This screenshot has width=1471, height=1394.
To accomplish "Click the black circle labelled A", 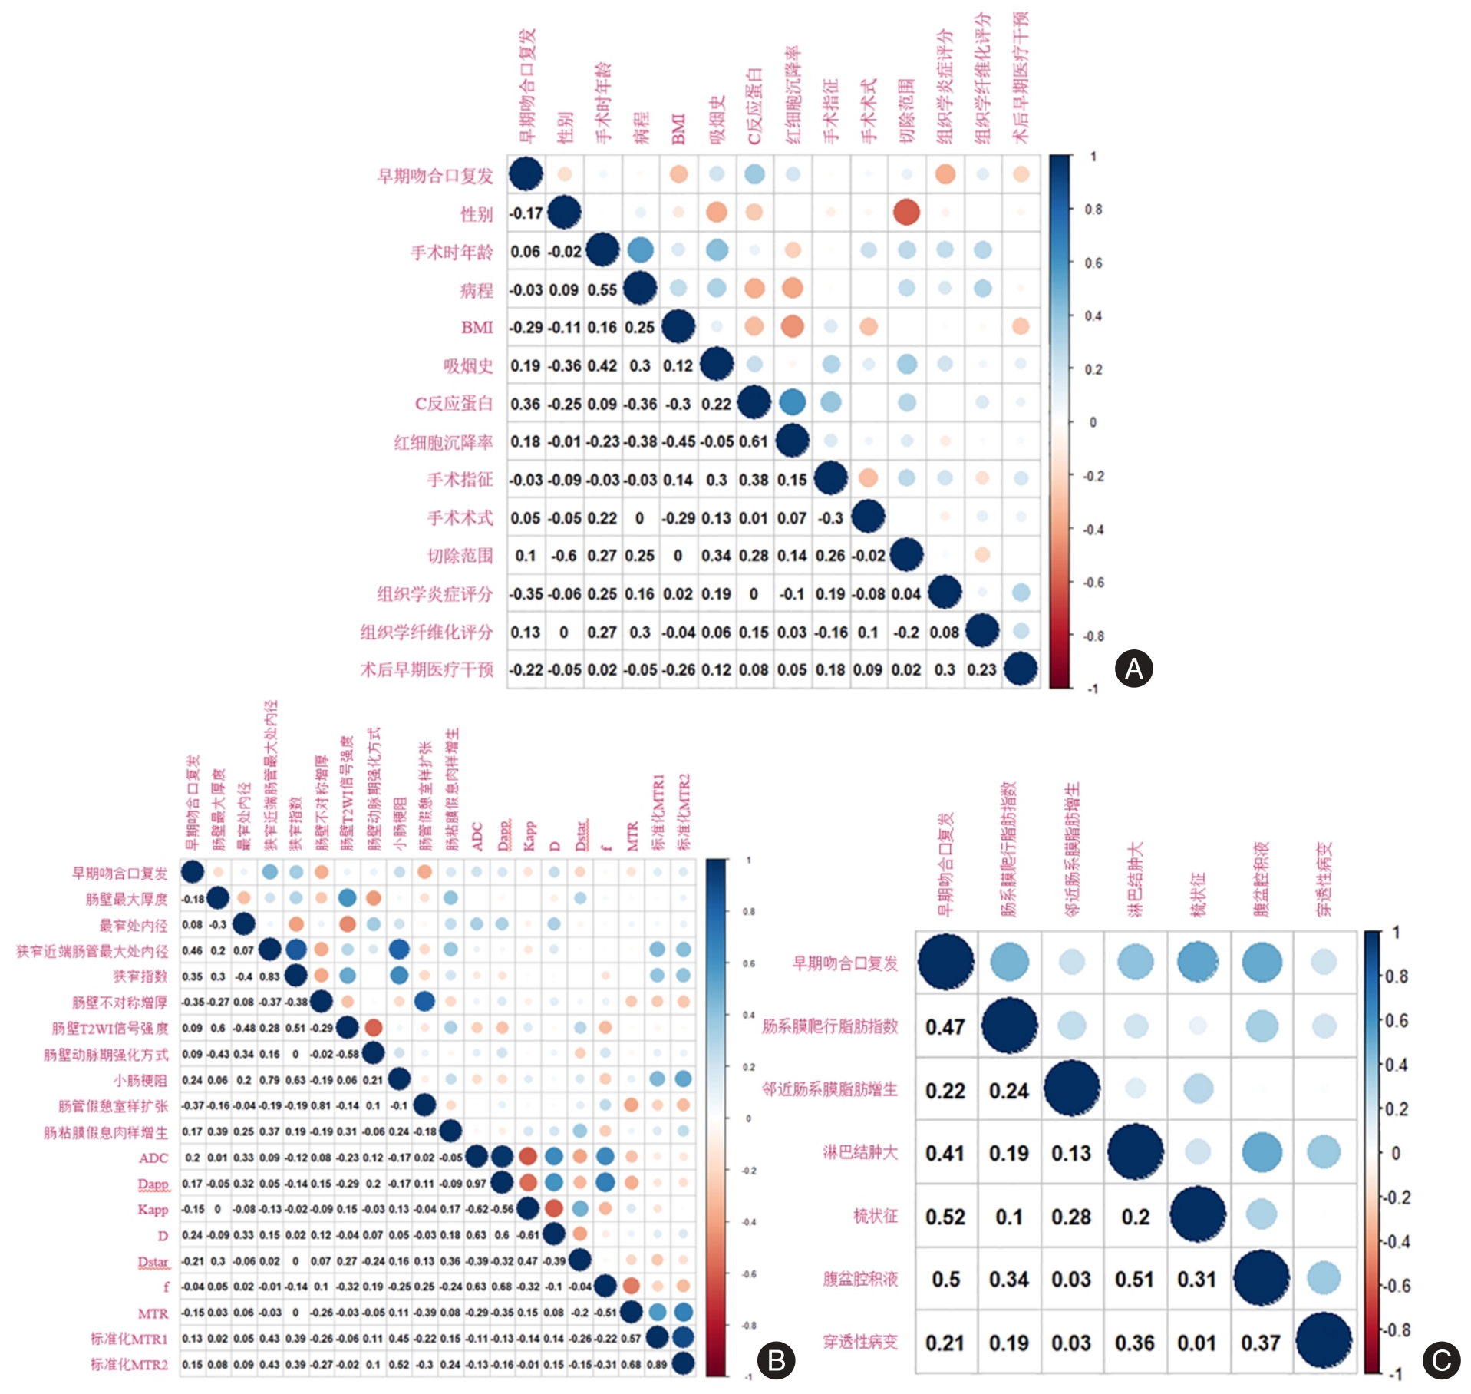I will click(x=1133, y=669).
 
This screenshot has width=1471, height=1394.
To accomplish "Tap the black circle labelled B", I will click(x=776, y=1360).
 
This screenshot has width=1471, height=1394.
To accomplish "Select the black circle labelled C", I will click(x=1441, y=1360).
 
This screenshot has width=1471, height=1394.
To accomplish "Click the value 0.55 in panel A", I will click(x=602, y=290).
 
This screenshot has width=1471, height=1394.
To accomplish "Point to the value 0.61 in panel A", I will click(x=754, y=442).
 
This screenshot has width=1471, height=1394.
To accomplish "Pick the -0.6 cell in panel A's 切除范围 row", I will click(x=564, y=556).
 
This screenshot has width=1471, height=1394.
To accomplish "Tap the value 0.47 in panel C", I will click(x=945, y=1027).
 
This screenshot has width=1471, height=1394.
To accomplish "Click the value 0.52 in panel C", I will click(x=945, y=1217).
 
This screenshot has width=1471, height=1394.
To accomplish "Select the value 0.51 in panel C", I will click(x=1134, y=1280).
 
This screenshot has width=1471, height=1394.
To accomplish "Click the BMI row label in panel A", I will click(x=477, y=328).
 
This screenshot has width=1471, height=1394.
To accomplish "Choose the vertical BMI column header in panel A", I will click(x=678, y=129).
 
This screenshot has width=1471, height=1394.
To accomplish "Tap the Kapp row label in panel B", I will click(x=153, y=1210).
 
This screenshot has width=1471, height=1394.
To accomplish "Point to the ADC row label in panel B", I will click(x=153, y=1158).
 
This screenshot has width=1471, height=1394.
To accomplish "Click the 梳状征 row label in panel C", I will click(x=875, y=1216).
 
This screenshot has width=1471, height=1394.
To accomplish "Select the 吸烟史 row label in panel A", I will click(x=467, y=366).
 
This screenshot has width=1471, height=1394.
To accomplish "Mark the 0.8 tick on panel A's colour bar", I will click(x=1093, y=210).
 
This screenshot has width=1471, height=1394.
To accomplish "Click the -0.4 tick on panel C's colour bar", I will click(x=1397, y=1241).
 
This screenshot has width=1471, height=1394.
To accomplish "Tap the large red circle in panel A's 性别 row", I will click(x=906, y=213).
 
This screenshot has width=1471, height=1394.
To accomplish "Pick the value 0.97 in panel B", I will click(x=476, y=1184).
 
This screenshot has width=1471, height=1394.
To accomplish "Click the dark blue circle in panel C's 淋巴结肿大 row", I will click(x=1135, y=1151).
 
